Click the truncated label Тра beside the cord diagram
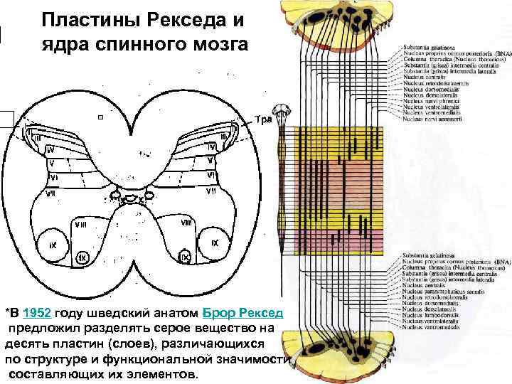point(263,119)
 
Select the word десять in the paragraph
point(29,343)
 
